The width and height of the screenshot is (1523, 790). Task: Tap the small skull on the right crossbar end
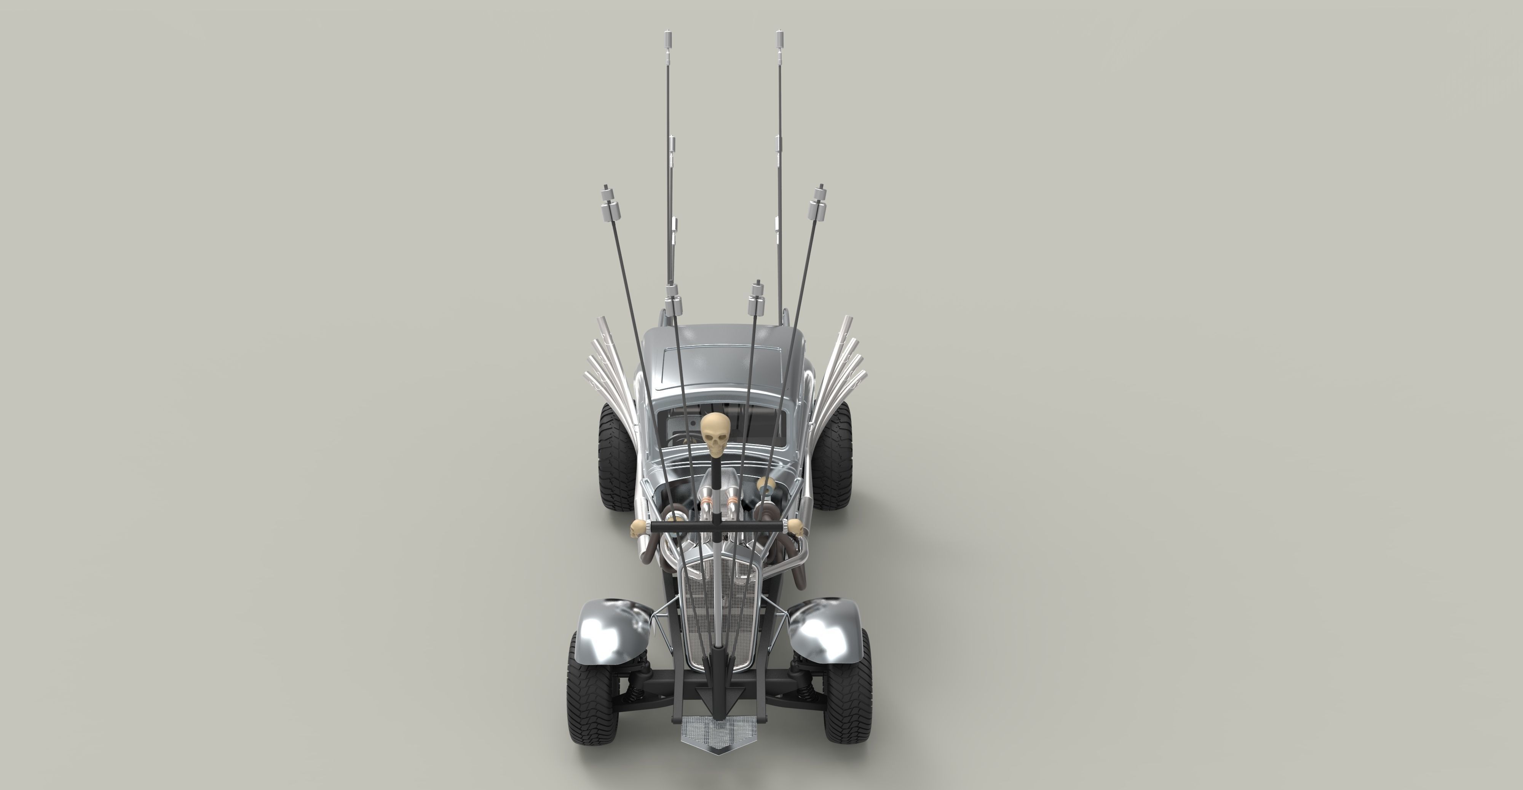[796, 528]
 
